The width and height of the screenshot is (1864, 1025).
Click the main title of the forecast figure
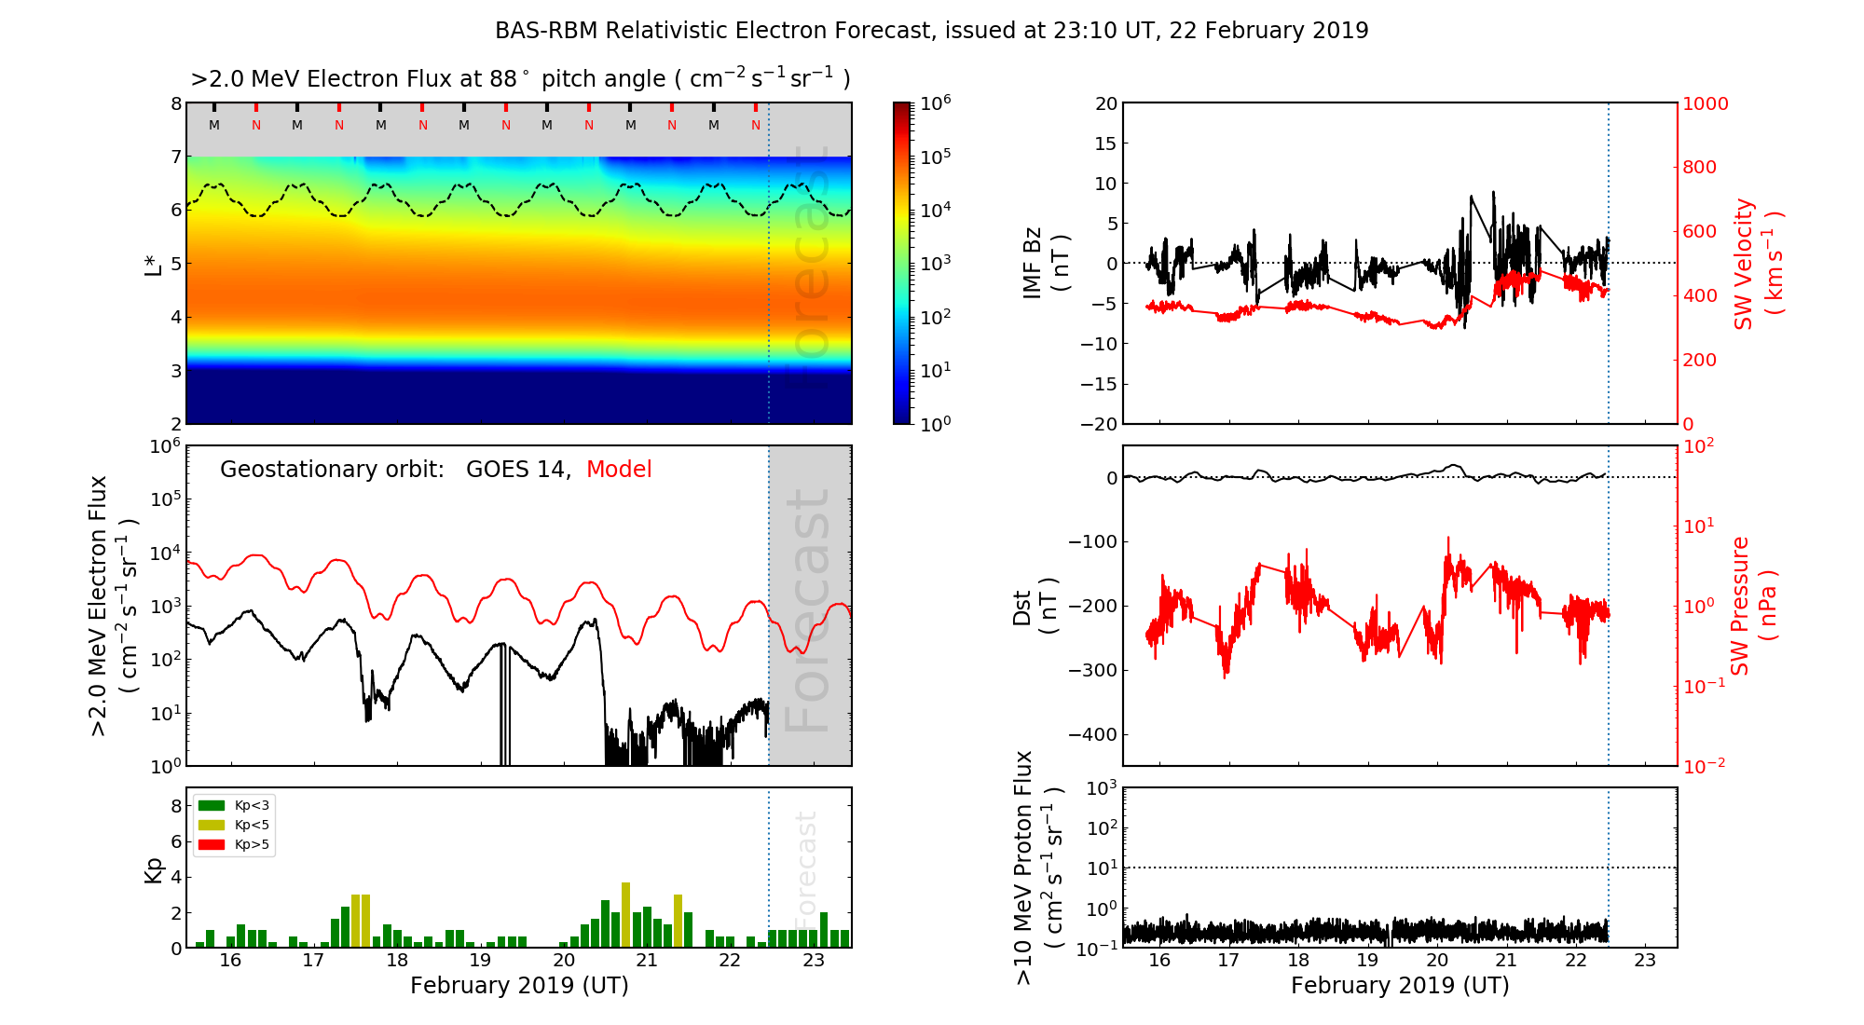[931, 31]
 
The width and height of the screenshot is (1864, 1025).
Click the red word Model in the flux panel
[619, 470]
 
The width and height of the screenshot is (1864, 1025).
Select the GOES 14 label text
[517, 470]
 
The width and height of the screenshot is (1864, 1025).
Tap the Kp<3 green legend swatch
[212, 805]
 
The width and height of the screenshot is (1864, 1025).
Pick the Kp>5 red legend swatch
[212, 845]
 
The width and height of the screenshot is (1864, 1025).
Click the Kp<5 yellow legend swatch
[212, 826]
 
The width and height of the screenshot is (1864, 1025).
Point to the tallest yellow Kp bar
[625, 914]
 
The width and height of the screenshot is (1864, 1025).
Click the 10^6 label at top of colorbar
[935, 102]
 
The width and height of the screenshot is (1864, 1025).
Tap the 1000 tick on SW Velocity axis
[1705, 103]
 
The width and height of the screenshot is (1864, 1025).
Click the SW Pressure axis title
[1753, 606]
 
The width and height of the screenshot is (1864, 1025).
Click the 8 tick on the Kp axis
[176, 806]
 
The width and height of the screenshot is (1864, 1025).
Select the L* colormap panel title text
[520, 79]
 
